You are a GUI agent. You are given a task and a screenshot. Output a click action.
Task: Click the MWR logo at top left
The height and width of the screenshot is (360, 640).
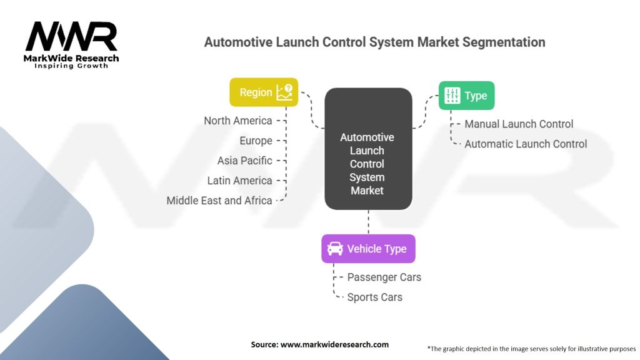pyautogui.click(x=71, y=45)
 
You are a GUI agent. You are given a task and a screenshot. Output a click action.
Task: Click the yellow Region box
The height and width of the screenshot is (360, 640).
pyautogui.click(x=264, y=92)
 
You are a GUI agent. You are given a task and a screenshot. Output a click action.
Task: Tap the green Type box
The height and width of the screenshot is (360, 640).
pyautogui.click(x=466, y=96)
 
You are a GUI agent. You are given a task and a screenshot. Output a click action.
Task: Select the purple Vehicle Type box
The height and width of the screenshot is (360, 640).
pyautogui.click(x=368, y=249)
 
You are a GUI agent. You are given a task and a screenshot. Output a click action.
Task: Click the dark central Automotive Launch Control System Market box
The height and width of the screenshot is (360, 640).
pyautogui.click(x=368, y=149)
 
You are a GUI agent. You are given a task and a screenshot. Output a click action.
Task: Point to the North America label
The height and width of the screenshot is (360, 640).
pyautogui.click(x=238, y=121)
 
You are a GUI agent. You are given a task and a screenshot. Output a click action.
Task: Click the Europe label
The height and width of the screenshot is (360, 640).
pyautogui.click(x=256, y=141)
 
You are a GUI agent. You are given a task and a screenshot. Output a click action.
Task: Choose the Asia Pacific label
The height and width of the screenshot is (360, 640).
pyautogui.click(x=244, y=161)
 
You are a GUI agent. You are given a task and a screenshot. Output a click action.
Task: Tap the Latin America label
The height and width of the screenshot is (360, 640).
pyautogui.click(x=239, y=181)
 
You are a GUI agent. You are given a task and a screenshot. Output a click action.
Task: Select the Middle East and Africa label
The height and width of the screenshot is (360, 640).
pyautogui.click(x=219, y=201)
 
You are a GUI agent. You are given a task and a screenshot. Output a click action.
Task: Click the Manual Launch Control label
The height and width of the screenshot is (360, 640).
pyautogui.click(x=519, y=124)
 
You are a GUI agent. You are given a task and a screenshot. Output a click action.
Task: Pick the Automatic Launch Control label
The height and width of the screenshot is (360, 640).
pyautogui.click(x=526, y=144)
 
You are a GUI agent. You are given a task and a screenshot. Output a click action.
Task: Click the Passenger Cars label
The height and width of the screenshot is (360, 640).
pyautogui.click(x=384, y=277)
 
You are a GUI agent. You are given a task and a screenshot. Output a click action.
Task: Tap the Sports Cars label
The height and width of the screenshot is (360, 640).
pyautogui.click(x=375, y=297)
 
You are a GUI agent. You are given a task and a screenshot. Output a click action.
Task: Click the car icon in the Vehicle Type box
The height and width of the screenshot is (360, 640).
pyautogui.click(x=335, y=249)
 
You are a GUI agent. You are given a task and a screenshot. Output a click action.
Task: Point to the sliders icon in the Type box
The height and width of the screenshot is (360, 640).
pyautogui.click(x=452, y=96)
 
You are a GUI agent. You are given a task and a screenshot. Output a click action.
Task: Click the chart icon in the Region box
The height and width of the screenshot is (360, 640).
pyautogui.click(x=285, y=92)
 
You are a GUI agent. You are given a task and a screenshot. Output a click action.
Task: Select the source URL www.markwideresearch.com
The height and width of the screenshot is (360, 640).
pyautogui.click(x=334, y=344)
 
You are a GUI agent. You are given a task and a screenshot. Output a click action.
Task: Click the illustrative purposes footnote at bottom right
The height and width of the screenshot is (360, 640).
pyautogui.click(x=531, y=349)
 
